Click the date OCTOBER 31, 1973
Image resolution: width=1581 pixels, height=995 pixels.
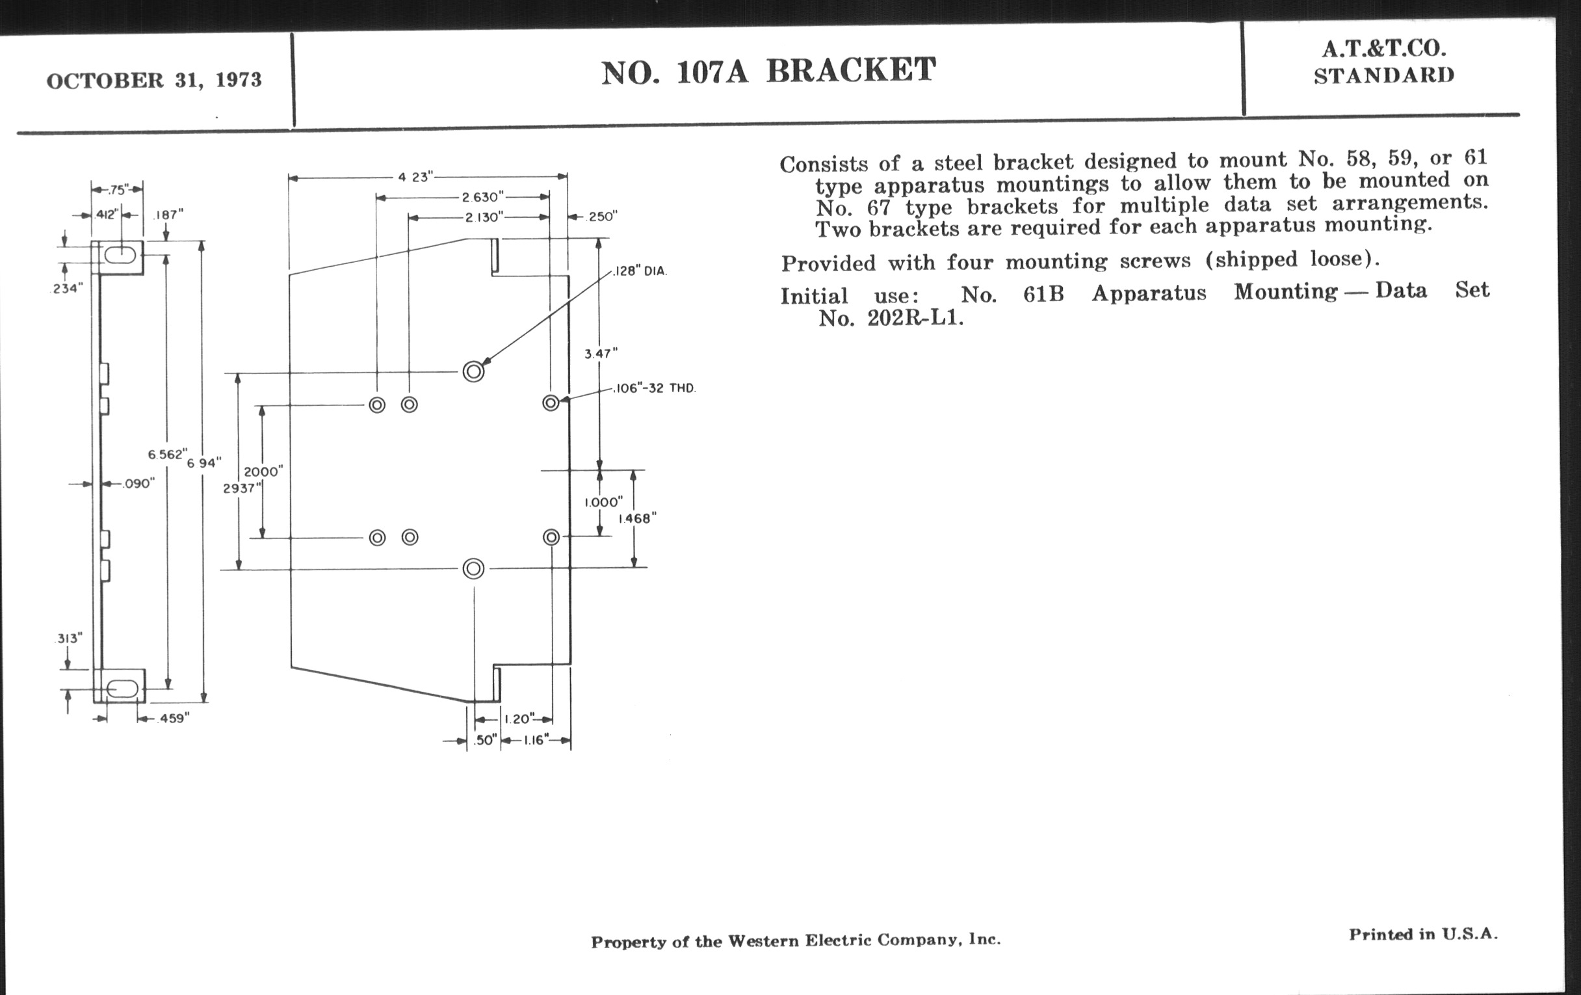tap(153, 80)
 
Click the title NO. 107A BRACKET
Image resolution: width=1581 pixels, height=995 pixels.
tap(768, 71)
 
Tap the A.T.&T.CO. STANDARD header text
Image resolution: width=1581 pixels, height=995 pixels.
tap(1384, 62)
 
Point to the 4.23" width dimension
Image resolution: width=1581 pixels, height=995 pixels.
tap(415, 177)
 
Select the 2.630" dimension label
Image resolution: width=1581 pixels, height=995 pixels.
tap(482, 197)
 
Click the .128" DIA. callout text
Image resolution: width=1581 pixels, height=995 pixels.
tap(640, 271)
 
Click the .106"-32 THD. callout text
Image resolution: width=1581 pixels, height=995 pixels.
tap(654, 388)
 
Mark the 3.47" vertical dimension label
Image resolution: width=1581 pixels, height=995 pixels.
tap(601, 354)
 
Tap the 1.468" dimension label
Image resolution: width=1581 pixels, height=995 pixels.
tap(636, 518)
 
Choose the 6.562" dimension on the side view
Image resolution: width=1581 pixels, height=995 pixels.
tap(167, 455)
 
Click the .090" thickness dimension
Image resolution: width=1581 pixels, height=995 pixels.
tap(138, 484)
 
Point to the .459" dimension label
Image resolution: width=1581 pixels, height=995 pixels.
tap(174, 719)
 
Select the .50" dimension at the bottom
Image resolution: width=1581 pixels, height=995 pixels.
tap(484, 740)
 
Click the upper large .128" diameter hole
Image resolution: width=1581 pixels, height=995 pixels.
tap(473, 372)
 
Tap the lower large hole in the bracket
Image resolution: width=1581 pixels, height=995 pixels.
tap(473, 568)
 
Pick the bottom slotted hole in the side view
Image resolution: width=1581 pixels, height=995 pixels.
tap(122, 688)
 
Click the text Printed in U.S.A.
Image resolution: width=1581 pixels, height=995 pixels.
tap(1423, 935)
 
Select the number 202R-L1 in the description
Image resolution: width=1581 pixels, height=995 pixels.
tap(915, 319)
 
